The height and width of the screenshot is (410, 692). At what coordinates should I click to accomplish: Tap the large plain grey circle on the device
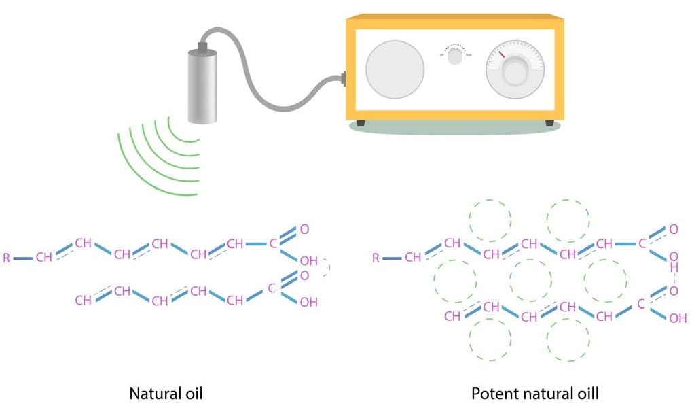coord(395,70)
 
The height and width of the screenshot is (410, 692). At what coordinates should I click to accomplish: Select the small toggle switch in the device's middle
coord(455,58)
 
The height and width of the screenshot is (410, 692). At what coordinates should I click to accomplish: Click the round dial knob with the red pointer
coord(515,71)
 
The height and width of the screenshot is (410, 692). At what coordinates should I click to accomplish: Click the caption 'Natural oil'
coord(166,392)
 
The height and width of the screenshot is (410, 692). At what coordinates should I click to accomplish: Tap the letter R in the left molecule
coord(7,258)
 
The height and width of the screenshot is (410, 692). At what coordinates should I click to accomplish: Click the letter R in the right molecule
coord(376,258)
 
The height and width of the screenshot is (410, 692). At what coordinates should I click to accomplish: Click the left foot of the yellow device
coord(360,123)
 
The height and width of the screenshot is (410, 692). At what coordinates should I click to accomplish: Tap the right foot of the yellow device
coord(549,123)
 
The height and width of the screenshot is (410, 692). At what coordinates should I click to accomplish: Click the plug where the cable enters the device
coord(344,80)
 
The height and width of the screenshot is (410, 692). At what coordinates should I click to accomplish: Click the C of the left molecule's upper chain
coord(274,243)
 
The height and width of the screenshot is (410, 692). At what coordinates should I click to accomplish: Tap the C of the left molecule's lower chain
coord(271,288)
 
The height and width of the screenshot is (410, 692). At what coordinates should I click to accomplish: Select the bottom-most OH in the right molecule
coord(677,318)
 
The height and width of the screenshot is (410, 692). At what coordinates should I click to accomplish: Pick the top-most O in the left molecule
coord(304,229)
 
